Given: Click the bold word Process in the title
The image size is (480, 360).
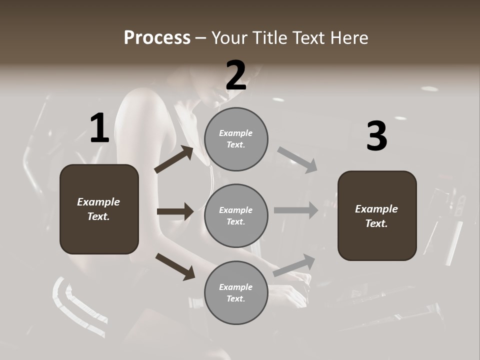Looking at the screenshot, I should [157, 38].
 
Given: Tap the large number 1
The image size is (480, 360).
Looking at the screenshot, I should [99, 128].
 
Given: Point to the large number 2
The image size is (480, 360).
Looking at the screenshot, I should [236, 75].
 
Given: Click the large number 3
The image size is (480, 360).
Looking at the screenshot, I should [376, 136].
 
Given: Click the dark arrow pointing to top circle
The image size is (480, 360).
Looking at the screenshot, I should [174, 159].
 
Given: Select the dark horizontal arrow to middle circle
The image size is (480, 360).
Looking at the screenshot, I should [175, 211].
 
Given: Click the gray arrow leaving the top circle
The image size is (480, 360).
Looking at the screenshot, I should [297, 159].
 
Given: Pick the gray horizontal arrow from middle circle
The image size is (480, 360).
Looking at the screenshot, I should [296, 210].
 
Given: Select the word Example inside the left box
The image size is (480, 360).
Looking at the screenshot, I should [98, 202].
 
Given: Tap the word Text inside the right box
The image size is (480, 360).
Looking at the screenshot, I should [375, 223].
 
